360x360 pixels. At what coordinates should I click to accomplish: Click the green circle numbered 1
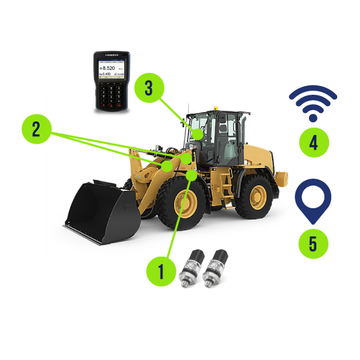161,272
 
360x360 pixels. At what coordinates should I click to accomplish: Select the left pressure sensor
197,267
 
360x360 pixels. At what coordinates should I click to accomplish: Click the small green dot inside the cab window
197,133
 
